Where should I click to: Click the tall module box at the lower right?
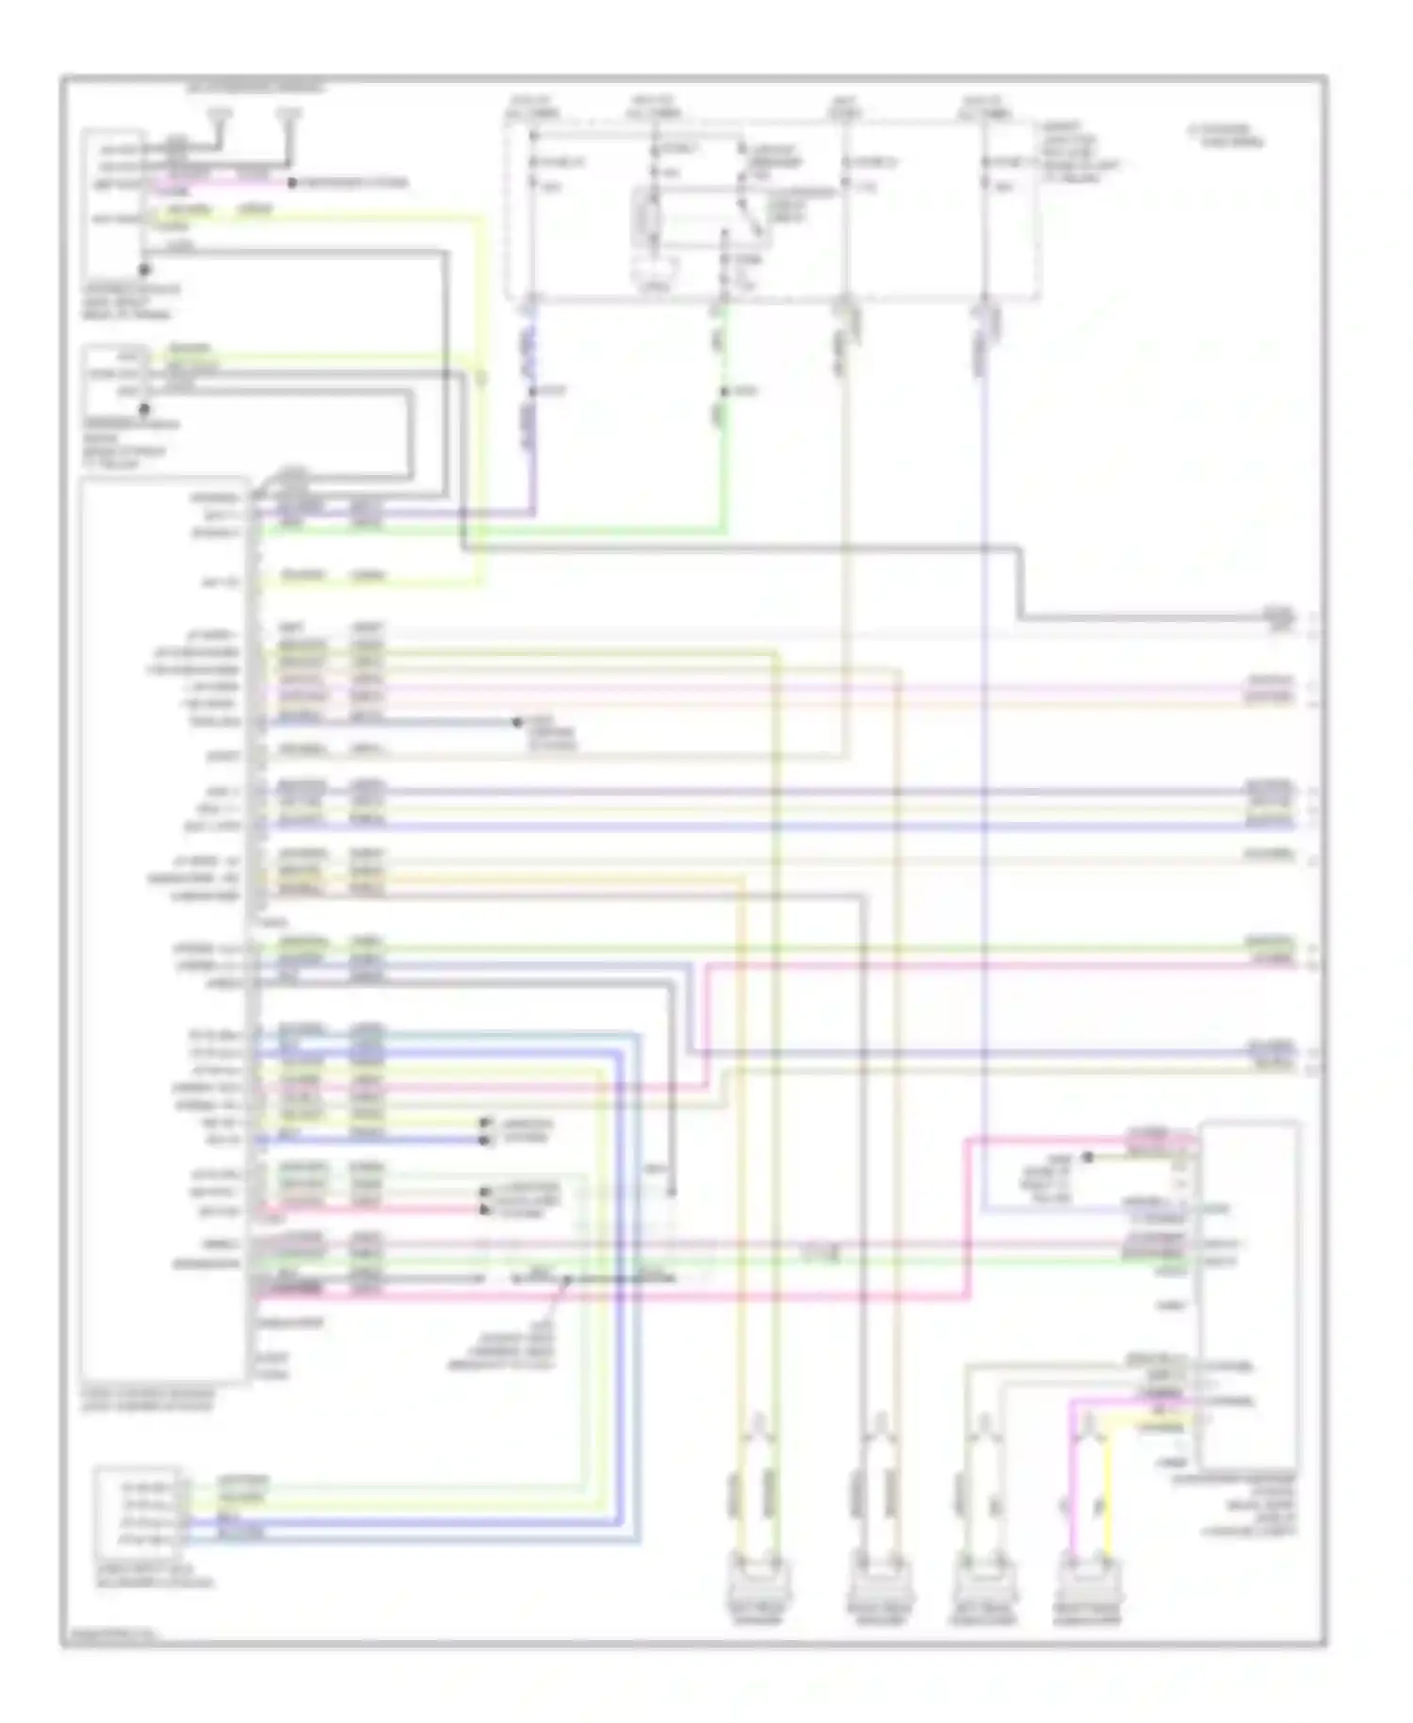click(1249, 1291)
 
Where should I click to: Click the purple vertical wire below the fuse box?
click(532, 415)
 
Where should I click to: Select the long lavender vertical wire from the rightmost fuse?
click(983, 754)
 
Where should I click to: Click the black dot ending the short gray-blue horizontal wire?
click(516, 723)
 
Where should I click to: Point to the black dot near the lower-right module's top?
click(1087, 1157)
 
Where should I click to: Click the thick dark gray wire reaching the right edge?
click(1130, 618)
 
